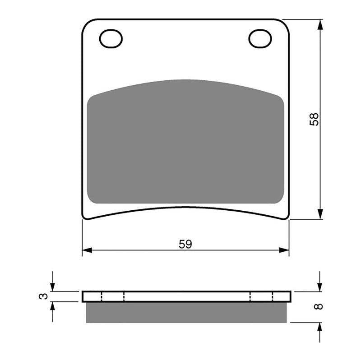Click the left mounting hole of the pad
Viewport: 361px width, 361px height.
pyautogui.click(x=111, y=39)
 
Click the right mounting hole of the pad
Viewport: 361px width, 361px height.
pyautogui.click(x=260, y=39)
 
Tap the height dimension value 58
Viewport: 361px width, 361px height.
pyautogui.click(x=315, y=119)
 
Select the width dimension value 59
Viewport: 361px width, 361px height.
pyautogui.click(x=185, y=244)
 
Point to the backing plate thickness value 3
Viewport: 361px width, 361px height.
pyautogui.click(x=43, y=296)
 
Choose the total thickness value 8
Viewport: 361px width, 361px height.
pyautogui.click(x=319, y=306)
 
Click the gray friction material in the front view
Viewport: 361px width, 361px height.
pyautogui.click(x=185, y=144)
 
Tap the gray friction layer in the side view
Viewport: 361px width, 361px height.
pyautogui.click(x=186, y=312)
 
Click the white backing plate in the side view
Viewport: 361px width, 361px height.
pyautogui.click(x=186, y=296)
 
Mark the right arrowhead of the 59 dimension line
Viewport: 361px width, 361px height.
pyautogui.click(x=284, y=250)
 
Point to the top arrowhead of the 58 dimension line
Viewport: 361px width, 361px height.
pyautogui.click(x=320, y=24)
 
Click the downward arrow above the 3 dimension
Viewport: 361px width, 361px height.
pyautogui.click(x=52, y=287)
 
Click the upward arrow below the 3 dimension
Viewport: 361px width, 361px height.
pyautogui.click(x=52, y=306)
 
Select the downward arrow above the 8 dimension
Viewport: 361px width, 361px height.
pyautogui.click(x=319, y=287)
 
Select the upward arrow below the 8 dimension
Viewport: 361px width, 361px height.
pyautogui.click(x=319, y=327)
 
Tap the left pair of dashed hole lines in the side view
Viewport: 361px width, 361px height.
pyautogui.click(x=113, y=296)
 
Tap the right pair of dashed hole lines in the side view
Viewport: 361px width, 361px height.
pyautogui.click(x=262, y=296)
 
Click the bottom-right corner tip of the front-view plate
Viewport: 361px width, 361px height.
pyautogui.click(x=287, y=218)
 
